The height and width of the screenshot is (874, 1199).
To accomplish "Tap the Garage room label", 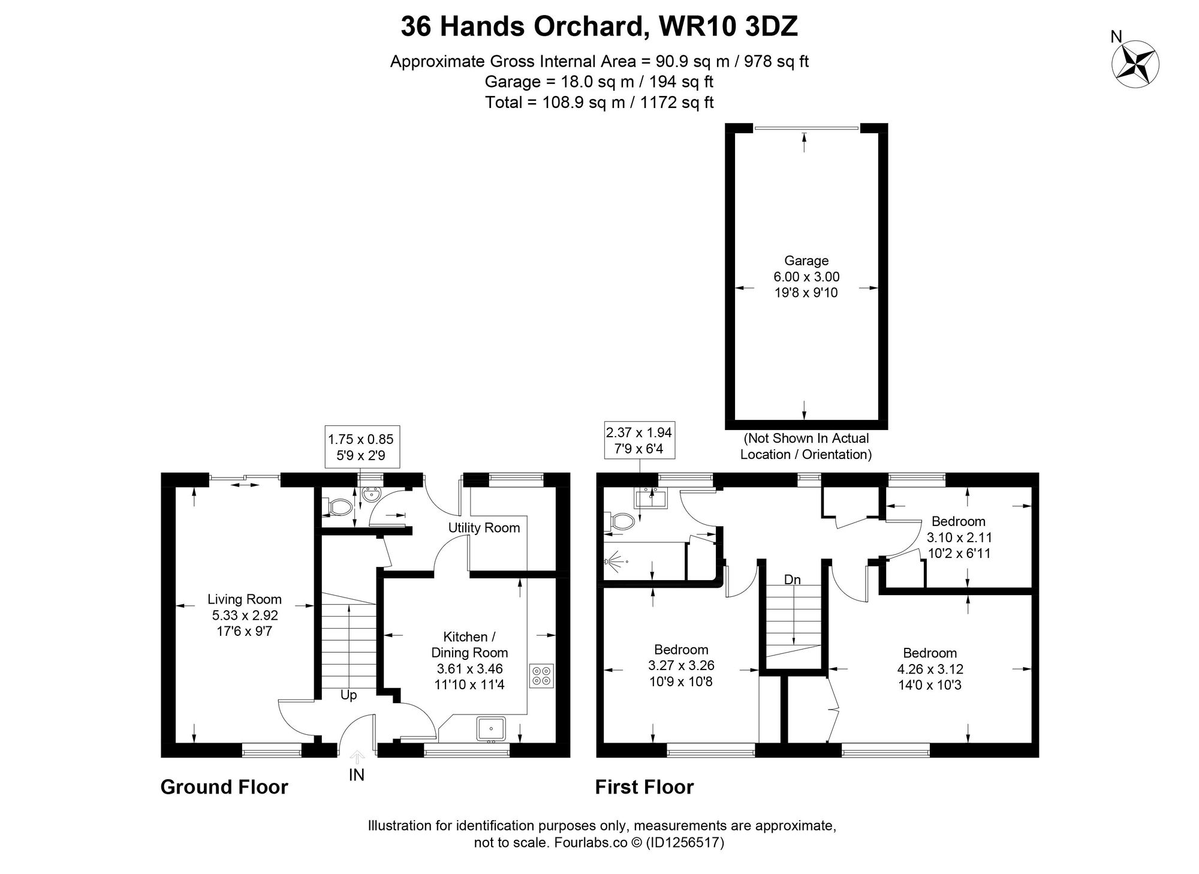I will (x=806, y=261).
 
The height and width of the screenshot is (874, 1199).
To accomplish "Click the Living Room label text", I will (x=244, y=599).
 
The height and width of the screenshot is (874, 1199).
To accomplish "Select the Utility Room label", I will (x=484, y=528).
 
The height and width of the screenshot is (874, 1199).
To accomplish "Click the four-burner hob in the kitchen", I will (x=542, y=676).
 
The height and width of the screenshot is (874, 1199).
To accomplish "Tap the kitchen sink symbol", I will (x=491, y=729).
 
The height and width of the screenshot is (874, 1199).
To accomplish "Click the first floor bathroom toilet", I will (x=620, y=522).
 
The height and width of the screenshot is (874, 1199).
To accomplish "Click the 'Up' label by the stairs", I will (x=348, y=695).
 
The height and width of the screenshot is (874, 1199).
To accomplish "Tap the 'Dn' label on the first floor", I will (x=793, y=579).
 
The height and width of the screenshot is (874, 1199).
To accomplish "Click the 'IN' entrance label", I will (x=356, y=775).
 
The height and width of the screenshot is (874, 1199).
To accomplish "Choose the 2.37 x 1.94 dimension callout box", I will (x=638, y=440).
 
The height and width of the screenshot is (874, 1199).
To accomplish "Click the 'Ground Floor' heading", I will (x=224, y=787).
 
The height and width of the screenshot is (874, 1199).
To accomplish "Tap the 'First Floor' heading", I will (x=644, y=787).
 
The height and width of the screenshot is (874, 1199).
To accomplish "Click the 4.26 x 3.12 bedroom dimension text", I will (x=929, y=669).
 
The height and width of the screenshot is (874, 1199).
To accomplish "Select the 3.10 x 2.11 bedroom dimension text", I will (x=959, y=537).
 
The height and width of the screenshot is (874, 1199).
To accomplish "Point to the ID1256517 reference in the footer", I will (x=685, y=842).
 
